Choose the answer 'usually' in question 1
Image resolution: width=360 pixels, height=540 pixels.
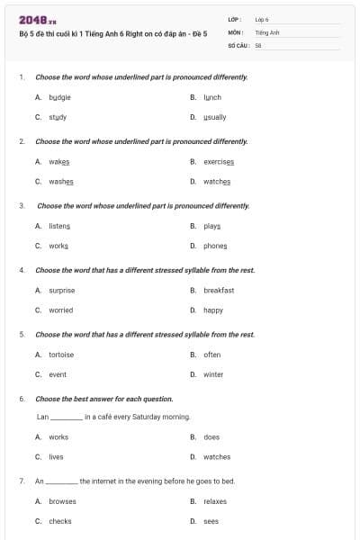(214, 117)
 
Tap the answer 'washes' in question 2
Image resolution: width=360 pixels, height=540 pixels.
(61, 181)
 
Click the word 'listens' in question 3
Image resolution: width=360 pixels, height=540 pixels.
(59, 226)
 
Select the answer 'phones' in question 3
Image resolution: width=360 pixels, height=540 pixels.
(215, 246)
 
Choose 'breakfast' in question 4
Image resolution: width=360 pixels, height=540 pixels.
(219, 291)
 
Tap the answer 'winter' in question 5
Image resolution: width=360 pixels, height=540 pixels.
(213, 374)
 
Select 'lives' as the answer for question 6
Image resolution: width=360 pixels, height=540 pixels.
(56, 457)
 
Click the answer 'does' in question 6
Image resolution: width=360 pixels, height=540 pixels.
(211, 437)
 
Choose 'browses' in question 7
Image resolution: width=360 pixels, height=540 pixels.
(62, 501)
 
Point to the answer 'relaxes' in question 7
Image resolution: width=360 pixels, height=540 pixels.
(215, 501)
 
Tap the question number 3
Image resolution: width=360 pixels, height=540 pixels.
(21, 206)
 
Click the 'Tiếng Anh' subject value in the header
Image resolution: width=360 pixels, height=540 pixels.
(267, 31)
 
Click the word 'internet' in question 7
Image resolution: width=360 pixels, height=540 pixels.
(107, 481)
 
